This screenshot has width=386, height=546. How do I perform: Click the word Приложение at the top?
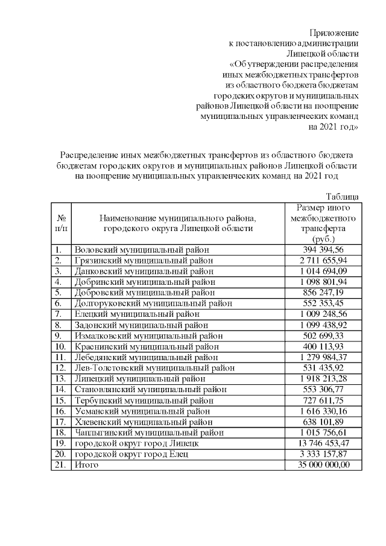[334, 32]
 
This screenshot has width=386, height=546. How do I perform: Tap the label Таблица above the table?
[343, 197]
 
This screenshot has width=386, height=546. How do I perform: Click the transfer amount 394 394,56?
[321, 249]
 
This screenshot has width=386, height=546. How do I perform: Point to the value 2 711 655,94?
[321, 260]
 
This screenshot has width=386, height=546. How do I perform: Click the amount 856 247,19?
[321, 293]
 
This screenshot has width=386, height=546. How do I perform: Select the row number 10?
[60, 346]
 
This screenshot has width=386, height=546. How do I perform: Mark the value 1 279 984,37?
[321, 357]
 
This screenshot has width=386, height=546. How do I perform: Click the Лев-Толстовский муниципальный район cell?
[154, 368]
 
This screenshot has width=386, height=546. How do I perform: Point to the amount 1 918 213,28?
[321, 379]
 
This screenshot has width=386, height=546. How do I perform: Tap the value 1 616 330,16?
[321, 411]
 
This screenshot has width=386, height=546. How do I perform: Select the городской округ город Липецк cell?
[141, 443]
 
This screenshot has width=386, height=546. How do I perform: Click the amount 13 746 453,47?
[321, 443]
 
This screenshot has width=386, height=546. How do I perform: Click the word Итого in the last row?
[86, 465]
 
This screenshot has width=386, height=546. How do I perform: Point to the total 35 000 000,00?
[321, 465]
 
